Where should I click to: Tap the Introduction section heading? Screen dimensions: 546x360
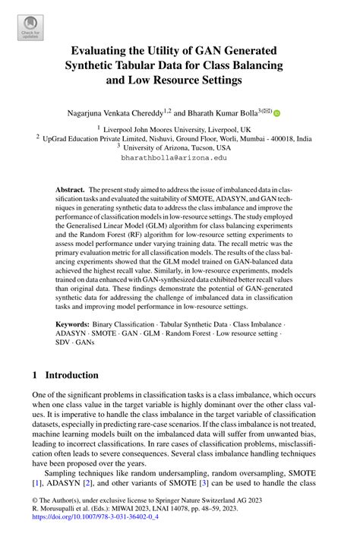pyautogui.click(x=71, y=375)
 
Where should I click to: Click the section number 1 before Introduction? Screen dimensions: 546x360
pyautogui.click(x=35, y=375)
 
